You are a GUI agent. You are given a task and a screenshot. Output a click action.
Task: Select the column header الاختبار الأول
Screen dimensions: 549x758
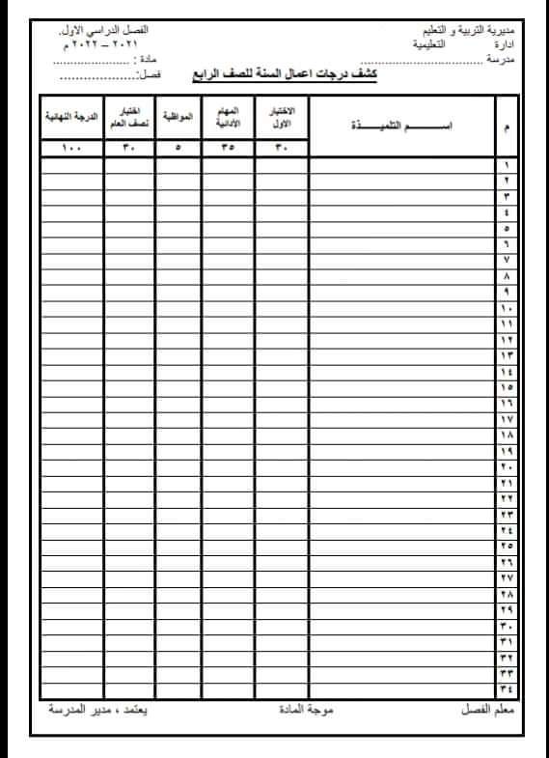click(282, 117)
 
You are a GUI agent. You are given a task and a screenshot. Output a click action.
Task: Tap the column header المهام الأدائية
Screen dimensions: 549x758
click(228, 117)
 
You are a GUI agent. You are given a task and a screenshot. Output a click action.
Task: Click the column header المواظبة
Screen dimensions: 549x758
click(178, 117)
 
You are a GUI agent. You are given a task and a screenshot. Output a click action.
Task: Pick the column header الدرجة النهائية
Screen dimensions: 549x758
click(71, 117)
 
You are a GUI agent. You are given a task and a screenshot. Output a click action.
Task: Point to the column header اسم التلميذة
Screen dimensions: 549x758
click(401, 126)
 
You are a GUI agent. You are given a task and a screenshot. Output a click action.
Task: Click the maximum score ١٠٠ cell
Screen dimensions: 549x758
click(71, 148)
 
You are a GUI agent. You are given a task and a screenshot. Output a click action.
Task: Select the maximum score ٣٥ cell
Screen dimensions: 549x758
click(228, 148)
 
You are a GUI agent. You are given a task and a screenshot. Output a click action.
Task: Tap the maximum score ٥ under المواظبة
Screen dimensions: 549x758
click(178, 148)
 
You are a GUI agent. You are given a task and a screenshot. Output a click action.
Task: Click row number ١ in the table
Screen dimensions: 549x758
click(507, 165)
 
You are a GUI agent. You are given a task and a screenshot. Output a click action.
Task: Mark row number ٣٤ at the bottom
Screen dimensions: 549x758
click(507, 688)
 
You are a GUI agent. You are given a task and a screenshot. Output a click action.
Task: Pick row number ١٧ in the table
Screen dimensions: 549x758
click(507, 419)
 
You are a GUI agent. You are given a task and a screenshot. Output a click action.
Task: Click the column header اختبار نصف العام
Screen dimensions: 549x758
click(128, 117)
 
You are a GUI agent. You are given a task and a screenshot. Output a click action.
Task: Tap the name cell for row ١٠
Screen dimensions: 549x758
click(401, 308)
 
